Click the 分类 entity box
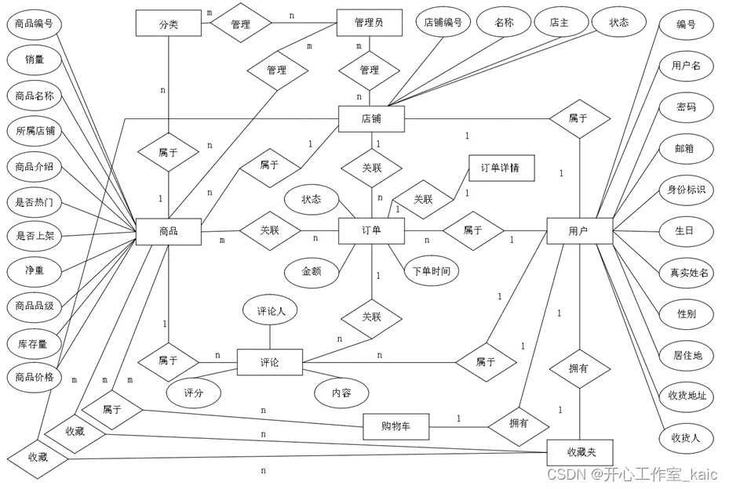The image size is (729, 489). pyautogui.click(x=168, y=24)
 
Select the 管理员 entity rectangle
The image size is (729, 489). pyautogui.click(x=369, y=23)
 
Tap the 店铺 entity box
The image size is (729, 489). pyautogui.click(x=371, y=120)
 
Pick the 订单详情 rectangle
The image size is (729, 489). pyautogui.click(x=501, y=168)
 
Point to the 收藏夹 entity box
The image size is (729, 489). pyautogui.click(x=580, y=452)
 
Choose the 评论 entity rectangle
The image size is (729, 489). pyautogui.click(x=270, y=363)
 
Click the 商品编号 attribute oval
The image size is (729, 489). pyautogui.click(x=35, y=24)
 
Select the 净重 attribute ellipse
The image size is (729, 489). pyautogui.click(x=35, y=270)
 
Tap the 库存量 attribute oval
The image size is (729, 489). pyautogui.click(x=35, y=343)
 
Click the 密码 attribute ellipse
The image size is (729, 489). pyautogui.click(x=687, y=107)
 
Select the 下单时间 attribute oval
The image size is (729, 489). pyautogui.click(x=432, y=271)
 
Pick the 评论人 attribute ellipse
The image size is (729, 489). pyautogui.click(x=272, y=311)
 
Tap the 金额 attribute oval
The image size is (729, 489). pyautogui.click(x=312, y=271)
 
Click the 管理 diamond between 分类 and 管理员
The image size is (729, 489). pyautogui.click(x=241, y=24)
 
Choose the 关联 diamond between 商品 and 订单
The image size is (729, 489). pyautogui.click(x=269, y=231)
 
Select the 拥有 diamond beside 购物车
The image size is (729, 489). pyautogui.click(x=519, y=423)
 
